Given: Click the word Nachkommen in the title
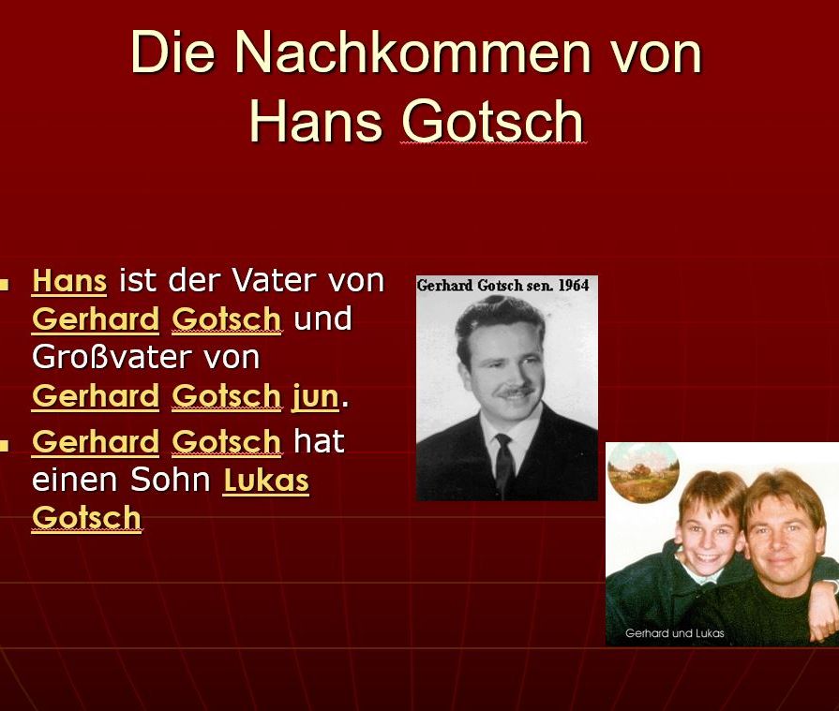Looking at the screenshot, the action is tap(412, 52).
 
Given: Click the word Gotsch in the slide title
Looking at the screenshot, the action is tap(493, 121).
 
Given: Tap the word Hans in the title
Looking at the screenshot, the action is tap(316, 121).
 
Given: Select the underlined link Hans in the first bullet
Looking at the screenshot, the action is tap(69, 280).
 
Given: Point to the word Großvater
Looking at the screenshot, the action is tap(145, 357).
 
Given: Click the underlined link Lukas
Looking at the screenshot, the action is tap(266, 480).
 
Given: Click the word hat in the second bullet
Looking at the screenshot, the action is tap(319, 441).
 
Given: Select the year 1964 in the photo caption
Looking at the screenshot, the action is tap(573, 286).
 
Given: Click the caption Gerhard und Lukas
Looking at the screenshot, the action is tap(674, 633).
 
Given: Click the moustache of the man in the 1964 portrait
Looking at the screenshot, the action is tap(516, 392).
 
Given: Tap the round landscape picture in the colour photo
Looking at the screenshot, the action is tap(643, 472).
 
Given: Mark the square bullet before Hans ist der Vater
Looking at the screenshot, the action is tap(4, 284).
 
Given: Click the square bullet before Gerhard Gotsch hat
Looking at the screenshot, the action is tap(4, 445).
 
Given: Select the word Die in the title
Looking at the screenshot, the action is tap(172, 52).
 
